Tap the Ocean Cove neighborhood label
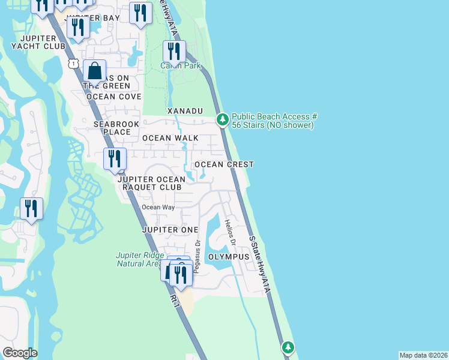113,97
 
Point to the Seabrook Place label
112,127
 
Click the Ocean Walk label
170,138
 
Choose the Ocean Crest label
223,164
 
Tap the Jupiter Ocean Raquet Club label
149,183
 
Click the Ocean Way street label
158,208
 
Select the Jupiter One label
170,230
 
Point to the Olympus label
228,257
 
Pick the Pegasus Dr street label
197,256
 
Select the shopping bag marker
95,72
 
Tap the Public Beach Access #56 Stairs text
274,121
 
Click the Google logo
20,353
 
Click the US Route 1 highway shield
73,63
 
